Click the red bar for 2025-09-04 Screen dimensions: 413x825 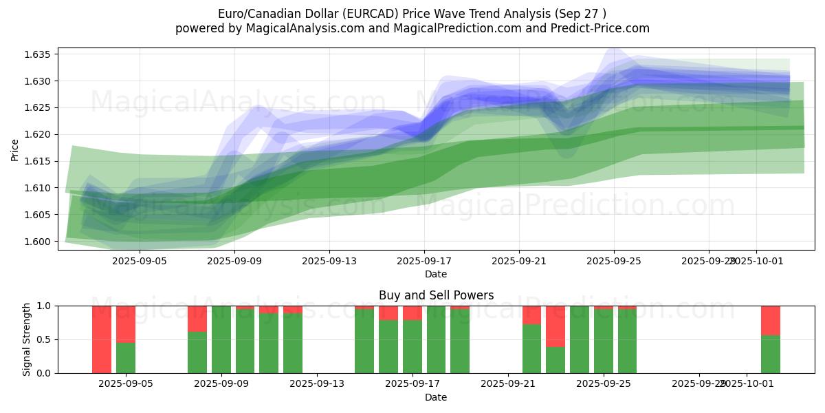[102, 339]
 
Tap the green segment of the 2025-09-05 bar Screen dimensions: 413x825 [126, 357]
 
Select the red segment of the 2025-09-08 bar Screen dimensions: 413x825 [197, 318]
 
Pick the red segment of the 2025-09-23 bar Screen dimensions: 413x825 [555, 326]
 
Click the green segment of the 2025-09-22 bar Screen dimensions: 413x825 [531, 348]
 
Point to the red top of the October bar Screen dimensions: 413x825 [770, 320]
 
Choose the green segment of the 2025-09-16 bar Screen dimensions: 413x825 [388, 346]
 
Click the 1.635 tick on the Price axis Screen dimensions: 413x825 [43, 54]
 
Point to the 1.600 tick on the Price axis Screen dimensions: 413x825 [43, 242]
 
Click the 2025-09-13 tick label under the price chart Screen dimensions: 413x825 [329, 261]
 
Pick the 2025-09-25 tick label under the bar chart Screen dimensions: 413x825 [603, 384]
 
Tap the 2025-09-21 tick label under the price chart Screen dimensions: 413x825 [519, 261]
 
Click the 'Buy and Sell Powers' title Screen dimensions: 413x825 [436, 295]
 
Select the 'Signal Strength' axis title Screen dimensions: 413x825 [27, 339]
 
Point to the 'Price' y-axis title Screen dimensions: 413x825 [15, 149]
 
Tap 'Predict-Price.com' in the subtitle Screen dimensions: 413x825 [602, 28]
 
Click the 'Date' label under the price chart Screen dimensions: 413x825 [436, 274]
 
